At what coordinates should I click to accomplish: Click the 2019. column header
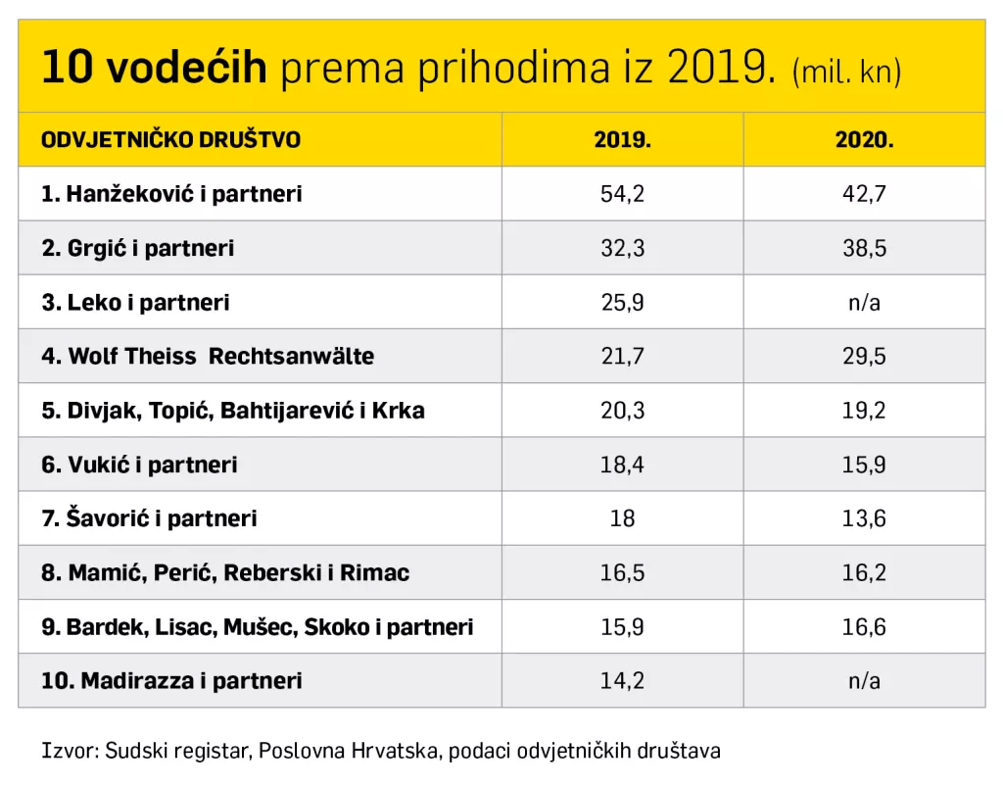[x=622, y=139]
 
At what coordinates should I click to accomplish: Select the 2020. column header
[x=864, y=139]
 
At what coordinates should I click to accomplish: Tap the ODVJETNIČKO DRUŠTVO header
[x=170, y=139]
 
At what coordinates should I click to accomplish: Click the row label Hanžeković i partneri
[x=171, y=194]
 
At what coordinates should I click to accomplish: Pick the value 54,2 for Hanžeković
[x=622, y=194]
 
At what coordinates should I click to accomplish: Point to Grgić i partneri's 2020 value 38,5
[x=864, y=248]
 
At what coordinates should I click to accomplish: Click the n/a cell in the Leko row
[x=864, y=302]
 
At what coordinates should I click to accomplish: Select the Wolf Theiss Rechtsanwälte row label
[x=208, y=356]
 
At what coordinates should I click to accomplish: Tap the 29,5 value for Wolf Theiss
[x=864, y=356]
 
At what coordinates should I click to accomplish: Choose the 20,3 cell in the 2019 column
[x=622, y=410]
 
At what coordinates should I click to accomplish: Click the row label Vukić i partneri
[x=139, y=465]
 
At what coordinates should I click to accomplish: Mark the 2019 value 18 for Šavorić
[x=622, y=518]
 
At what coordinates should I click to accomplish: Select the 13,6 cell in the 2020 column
[x=864, y=518]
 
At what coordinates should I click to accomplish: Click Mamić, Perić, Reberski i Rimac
[x=225, y=572]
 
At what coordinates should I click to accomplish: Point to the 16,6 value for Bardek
[x=864, y=626]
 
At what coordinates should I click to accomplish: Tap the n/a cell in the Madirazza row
[x=864, y=680]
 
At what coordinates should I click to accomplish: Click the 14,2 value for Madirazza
[x=622, y=680]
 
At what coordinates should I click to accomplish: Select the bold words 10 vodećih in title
[x=154, y=68]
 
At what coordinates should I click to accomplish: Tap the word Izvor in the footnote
[x=63, y=752]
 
